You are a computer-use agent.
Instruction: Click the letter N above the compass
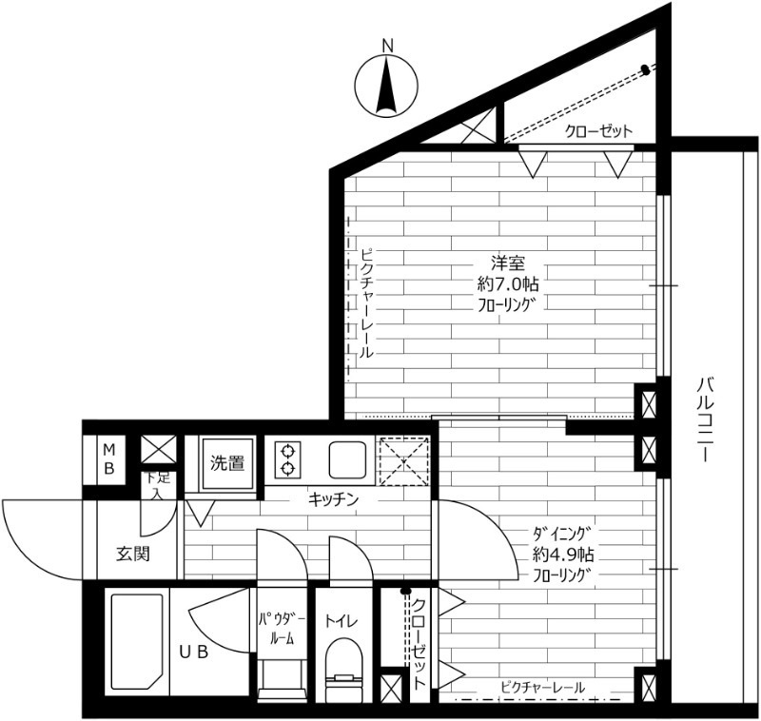click(387, 46)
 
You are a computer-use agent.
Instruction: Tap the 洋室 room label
click(508, 263)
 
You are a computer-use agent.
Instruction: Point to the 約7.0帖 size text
click(508, 283)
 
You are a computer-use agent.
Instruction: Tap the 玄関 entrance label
click(132, 554)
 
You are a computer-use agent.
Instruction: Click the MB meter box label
click(109, 459)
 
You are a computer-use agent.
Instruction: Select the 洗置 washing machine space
click(227, 464)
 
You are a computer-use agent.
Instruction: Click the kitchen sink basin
click(347, 459)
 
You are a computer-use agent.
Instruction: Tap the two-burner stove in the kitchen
click(288, 459)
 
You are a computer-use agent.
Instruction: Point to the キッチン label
click(333, 498)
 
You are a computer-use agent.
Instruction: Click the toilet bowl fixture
click(343, 670)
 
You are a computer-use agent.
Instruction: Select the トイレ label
click(341, 620)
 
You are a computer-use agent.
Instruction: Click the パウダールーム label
click(282, 630)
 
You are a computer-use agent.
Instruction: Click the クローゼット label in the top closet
click(599, 131)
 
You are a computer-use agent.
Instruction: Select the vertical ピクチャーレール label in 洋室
click(367, 303)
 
